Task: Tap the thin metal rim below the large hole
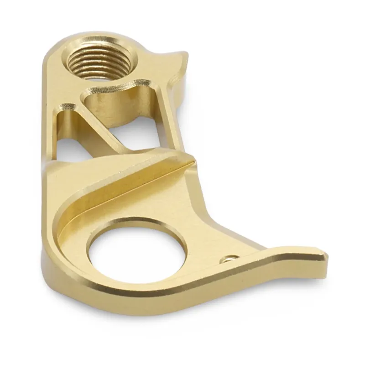coord(137,292)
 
